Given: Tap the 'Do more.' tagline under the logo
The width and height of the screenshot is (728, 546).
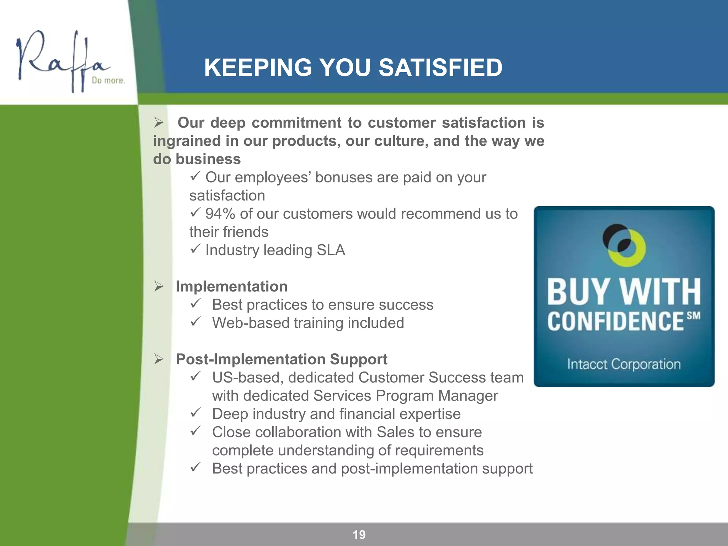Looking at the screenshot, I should (x=108, y=81).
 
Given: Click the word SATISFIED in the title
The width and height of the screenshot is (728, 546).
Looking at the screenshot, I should (x=440, y=68).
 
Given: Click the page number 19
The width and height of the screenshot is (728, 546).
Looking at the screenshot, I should (x=359, y=535).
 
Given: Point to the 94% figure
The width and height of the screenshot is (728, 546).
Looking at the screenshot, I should (x=220, y=214).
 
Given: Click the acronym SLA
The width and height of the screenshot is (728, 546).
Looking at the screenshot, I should (x=331, y=250).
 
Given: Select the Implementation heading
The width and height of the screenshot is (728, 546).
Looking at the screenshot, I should (x=231, y=287).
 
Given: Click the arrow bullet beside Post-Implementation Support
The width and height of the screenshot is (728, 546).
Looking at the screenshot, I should (x=159, y=359).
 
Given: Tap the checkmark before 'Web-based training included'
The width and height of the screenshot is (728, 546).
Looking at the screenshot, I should (x=196, y=322).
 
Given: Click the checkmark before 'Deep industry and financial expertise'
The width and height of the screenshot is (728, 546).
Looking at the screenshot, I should (x=196, y=413).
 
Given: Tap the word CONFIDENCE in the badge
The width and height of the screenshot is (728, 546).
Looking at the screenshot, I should (x=615, y=321).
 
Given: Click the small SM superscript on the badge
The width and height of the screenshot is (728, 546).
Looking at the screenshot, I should (x=694, y=316).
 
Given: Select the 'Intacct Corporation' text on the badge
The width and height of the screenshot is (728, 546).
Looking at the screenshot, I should (x=624, y=364).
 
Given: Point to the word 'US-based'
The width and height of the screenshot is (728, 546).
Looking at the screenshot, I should (x=248, y=378).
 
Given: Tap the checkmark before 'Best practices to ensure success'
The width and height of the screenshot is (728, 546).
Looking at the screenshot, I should (x=196, y=304).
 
